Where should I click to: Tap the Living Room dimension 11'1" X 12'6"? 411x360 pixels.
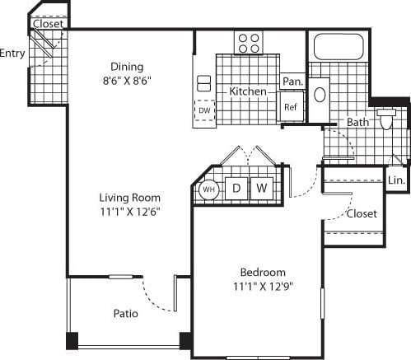coord(129,212)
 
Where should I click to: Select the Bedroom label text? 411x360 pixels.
coord(263,273)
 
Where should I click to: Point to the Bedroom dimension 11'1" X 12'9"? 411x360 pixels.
coord(263,287)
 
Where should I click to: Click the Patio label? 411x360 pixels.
coord(125,314)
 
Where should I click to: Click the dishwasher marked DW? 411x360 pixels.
coord(203,110)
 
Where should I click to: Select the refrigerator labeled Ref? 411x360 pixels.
coord(291,107)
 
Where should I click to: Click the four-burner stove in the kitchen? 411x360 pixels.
coord(248,42)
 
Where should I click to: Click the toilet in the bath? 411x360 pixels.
coord(387,122)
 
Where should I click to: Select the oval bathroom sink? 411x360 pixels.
coord(320,93)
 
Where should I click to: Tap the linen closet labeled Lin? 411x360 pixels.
coord(396,180)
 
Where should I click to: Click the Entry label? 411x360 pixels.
coord(12,54)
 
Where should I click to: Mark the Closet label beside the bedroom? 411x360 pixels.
coord(362,213)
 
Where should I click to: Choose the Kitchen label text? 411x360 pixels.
coord(248,91)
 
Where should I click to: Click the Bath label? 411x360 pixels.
coord(357,123)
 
